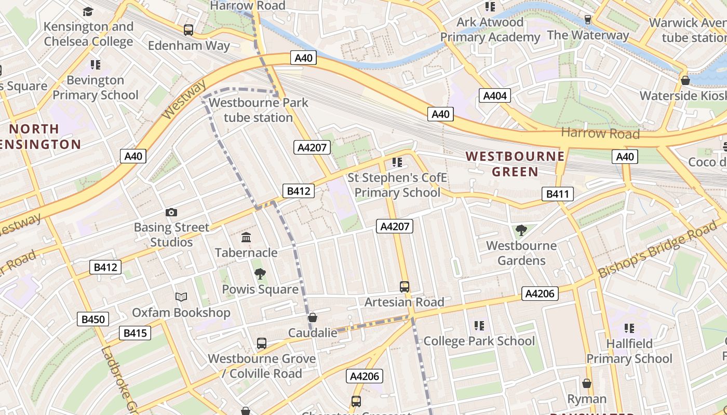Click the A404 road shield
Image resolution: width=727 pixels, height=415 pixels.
click(495, 95)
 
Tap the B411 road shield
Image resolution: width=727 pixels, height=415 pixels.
click(558, 195)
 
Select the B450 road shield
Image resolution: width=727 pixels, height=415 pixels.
click(93, 319)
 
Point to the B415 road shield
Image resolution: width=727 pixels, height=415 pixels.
click(135, 333)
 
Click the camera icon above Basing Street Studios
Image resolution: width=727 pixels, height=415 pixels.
click(171, 212)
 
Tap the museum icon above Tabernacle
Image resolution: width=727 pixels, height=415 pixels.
click(246, 238)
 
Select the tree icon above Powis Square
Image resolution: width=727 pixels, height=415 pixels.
click(260, 274)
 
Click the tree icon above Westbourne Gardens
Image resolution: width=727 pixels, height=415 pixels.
click(521, 230)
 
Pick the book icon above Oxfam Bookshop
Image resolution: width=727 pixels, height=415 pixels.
click(181, 297)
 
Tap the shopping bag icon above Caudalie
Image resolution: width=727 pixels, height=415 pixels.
click(313, 317)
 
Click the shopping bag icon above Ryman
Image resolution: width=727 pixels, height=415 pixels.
click(587, 384)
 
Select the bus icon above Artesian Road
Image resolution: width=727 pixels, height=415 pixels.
click(404, 286)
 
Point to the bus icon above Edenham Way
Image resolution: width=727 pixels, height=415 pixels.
click(189, 30)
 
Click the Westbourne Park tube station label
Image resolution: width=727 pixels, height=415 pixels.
click(259, 110)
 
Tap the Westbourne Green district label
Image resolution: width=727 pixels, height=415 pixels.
click(515, 163)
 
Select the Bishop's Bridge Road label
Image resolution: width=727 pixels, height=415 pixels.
click(658, 250)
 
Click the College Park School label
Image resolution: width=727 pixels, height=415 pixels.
click(479, 341)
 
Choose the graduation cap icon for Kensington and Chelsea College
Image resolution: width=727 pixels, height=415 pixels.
click(88, 11)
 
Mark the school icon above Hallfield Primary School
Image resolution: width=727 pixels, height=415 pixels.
click(629, 328)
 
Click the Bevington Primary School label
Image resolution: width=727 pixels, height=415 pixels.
click(96, 88)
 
